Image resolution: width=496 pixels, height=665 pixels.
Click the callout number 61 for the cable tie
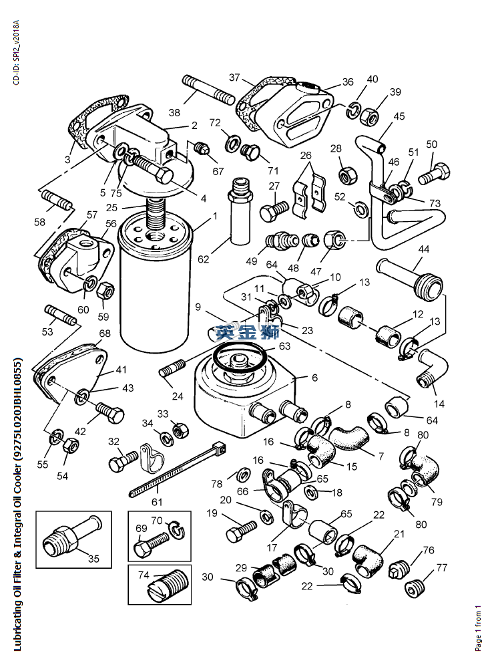tap(156, 503)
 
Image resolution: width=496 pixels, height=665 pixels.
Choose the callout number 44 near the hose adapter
tap(423, 249)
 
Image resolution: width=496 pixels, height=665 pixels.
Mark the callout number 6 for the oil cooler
tap(314, 378)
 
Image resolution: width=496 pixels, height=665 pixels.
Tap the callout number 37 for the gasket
tap(234, 78)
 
